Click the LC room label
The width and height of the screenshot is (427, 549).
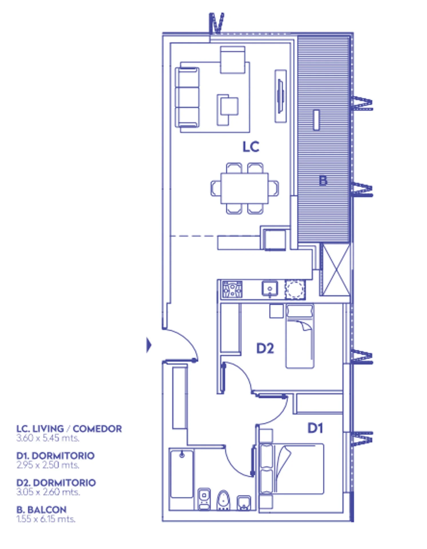coord(251,147)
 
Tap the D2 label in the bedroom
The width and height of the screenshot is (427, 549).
coord(265,348)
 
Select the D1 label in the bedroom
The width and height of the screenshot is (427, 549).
coord(315,428)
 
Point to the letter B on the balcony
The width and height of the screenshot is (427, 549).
coord(323,181)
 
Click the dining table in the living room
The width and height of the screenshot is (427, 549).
coord(245,188)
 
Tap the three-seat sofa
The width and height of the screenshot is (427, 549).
coord(187,97)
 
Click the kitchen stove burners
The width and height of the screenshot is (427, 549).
coord(232,289)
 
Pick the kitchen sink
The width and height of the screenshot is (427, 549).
coord(270,289)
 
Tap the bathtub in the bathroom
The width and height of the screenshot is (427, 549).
coord(182,474)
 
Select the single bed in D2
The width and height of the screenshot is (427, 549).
coord(300,336)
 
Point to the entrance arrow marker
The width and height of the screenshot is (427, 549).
coord(149,345)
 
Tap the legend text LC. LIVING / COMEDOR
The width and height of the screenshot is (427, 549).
coord(69,429)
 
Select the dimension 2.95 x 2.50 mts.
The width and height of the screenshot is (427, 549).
coord(48,465)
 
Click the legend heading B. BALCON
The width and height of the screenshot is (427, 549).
coord(41,510)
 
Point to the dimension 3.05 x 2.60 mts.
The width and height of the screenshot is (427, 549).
coord(48,492)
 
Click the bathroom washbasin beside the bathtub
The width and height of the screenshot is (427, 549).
coord(204,499)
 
